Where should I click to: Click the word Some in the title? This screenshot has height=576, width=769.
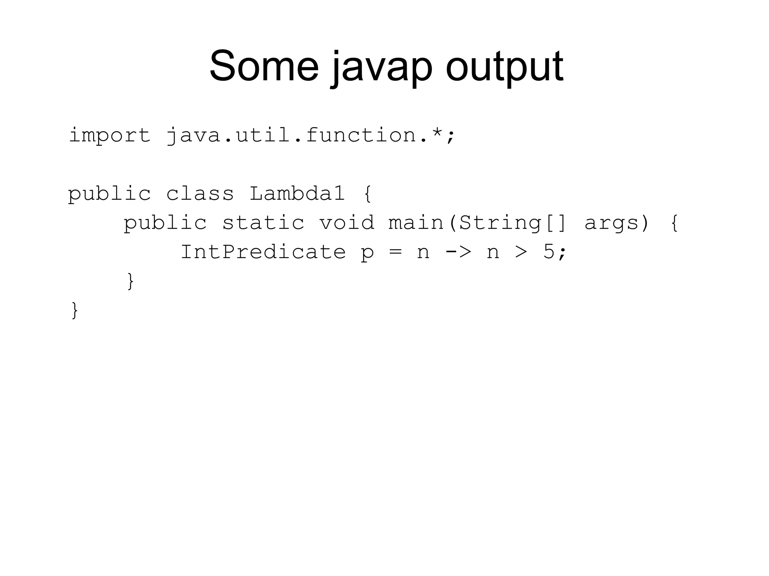click(x=264, y=66)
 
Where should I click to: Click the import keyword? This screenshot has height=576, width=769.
click(x=109, y=135)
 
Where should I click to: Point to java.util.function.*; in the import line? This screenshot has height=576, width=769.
click(x=311, y=135)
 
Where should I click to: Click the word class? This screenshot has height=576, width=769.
click(x=200, y=194)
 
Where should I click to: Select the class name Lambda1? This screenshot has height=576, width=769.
click(x=297, y=194)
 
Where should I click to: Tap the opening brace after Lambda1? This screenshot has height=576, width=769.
click(x=368, y=194)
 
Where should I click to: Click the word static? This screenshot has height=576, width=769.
click(x=263, y=223)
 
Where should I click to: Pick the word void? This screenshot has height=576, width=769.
click(x=347, y=223)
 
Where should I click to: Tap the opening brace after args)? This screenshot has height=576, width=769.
click(x=674, y=223)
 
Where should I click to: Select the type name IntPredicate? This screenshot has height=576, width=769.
click(x=263, y=251)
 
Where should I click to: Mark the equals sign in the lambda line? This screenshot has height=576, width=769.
click(x=395, y=251)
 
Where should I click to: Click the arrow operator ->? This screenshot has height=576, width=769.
click(x=458, y=251)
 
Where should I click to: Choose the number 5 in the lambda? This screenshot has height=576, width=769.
click(x=549, y=251)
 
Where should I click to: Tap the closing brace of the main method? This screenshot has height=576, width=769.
click(x=130, y=281)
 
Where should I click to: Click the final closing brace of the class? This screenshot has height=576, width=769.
click(x=74, y=310)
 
